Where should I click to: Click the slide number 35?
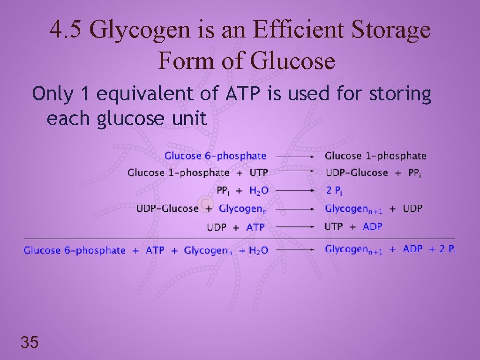(29, 343)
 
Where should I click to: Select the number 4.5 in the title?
(66, 31)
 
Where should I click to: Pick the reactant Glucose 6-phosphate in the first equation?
(215, 156)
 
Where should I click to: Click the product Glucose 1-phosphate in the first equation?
(375, 156)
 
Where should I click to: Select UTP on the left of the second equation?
(259, 173)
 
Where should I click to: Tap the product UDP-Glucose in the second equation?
(357, 173)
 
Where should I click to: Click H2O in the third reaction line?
(259, 191)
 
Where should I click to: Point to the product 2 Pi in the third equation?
(334, 191)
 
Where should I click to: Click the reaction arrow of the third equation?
(295, 191)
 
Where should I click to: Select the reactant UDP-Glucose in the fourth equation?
(167, 208)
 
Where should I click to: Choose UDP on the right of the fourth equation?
(412, 208)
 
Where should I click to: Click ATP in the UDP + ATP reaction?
(255, 227)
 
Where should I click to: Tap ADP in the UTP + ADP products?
(373, 227)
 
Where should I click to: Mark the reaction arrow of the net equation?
(295, 250)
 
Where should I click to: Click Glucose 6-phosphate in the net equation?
(75, 250)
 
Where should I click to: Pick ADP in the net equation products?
(412, 249)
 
